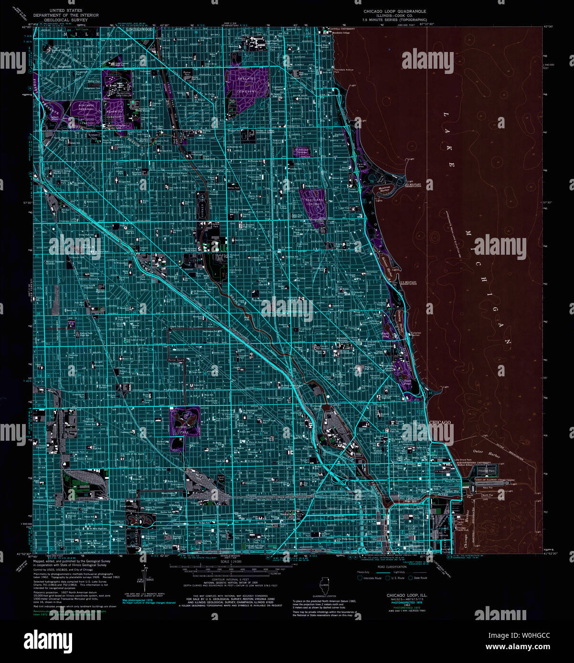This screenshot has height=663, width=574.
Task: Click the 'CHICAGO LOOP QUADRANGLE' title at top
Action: tap(394, 11)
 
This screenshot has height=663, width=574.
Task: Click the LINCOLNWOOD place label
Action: tap(139, 30)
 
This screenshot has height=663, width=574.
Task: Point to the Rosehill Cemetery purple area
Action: tap(247, 83)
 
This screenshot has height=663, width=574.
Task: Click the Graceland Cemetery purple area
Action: tap(313, 202)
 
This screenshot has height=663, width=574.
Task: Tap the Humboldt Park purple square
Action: tap(185, 421)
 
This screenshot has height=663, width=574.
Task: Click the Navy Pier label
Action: tap(487, 488)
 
